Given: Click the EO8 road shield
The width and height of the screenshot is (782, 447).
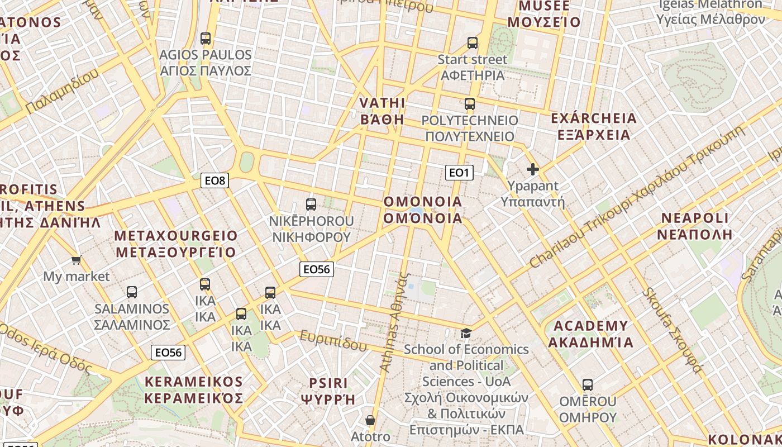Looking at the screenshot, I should tap(215, 180).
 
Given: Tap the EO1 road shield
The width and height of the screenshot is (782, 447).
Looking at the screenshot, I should tap(459, 173).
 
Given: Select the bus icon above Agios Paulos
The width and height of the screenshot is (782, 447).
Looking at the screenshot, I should tap(206, 39).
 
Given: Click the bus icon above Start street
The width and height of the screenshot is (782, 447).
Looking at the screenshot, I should tap(473, 43).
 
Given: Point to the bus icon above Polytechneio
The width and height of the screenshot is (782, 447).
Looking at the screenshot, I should tap(470, 104).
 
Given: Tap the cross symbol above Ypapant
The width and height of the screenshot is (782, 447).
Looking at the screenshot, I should tap(533, 169).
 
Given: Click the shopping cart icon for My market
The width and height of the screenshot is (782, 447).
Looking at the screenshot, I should tap(77, 260).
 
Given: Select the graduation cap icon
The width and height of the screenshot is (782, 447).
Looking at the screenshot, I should tap(466, 333).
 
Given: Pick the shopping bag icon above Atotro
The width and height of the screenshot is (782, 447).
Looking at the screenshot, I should tap(370, 420).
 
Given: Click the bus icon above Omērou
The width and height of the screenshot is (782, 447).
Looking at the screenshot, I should tap(588, 385).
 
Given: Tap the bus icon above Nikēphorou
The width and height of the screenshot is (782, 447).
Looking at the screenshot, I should tap(311, 205).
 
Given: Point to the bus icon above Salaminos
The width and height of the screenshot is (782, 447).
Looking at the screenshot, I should tap(132, 292).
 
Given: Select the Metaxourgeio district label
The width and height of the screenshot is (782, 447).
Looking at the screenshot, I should tap(176, 244).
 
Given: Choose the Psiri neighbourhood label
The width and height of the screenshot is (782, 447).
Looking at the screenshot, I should tap(332, 391).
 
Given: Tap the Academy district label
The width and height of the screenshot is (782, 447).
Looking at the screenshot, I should tap(591, 334).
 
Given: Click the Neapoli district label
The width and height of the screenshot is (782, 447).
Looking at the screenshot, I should tap(695, 226).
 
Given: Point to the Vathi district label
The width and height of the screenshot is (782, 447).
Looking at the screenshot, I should tap(383, 111).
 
